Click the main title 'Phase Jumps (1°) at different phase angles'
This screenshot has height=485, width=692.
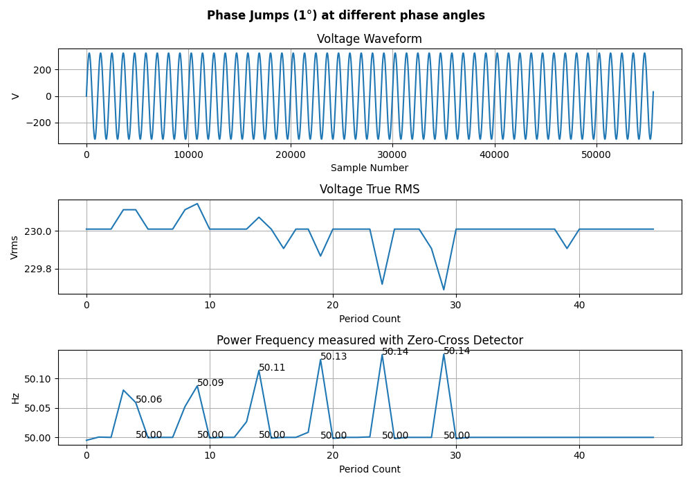[346, 15]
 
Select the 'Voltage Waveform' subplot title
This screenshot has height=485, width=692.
[370, 39]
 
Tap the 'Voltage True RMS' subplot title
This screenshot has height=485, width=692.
[370, 189]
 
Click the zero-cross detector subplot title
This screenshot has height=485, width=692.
[370, 340]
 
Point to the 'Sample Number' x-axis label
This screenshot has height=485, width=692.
[370, 168]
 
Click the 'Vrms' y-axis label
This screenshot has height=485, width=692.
[15, 247]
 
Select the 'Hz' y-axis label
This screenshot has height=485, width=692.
[15, 398]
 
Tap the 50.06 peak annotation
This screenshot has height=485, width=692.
[149, 400]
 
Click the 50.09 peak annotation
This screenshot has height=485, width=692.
[210, 383]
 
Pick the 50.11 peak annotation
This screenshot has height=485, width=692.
[272, 368]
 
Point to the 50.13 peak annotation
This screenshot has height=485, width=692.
[334, 357]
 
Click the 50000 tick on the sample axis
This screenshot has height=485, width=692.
[596, 155]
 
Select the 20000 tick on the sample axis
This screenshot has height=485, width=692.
[291, 155]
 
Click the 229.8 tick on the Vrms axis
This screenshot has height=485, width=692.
[38, 269]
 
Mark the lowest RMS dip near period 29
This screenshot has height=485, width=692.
[444, 290]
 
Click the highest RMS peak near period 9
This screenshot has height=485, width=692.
[197, 204]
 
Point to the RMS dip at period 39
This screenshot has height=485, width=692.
[567, 248]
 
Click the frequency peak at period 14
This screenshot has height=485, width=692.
[259, 370]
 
